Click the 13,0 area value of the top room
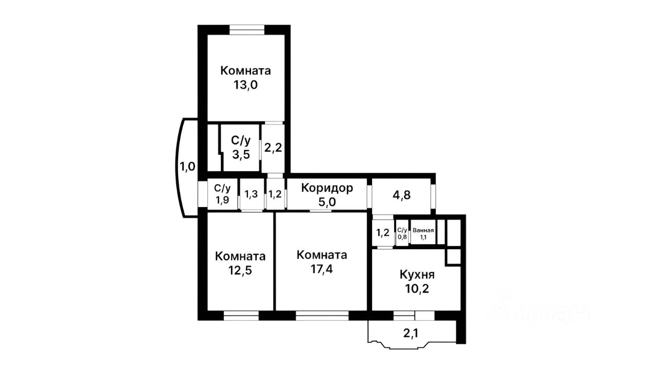(245, 85)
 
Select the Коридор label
(327, 188)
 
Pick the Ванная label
(423, 230)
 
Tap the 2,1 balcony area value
(410, 334)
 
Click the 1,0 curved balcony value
(187, 167)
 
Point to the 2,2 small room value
(273, 148)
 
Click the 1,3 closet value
(251, 194)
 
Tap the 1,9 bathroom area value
(222, 200)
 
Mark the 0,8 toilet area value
(402, 237)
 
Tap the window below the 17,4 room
(322, 315)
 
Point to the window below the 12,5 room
(241, 315)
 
